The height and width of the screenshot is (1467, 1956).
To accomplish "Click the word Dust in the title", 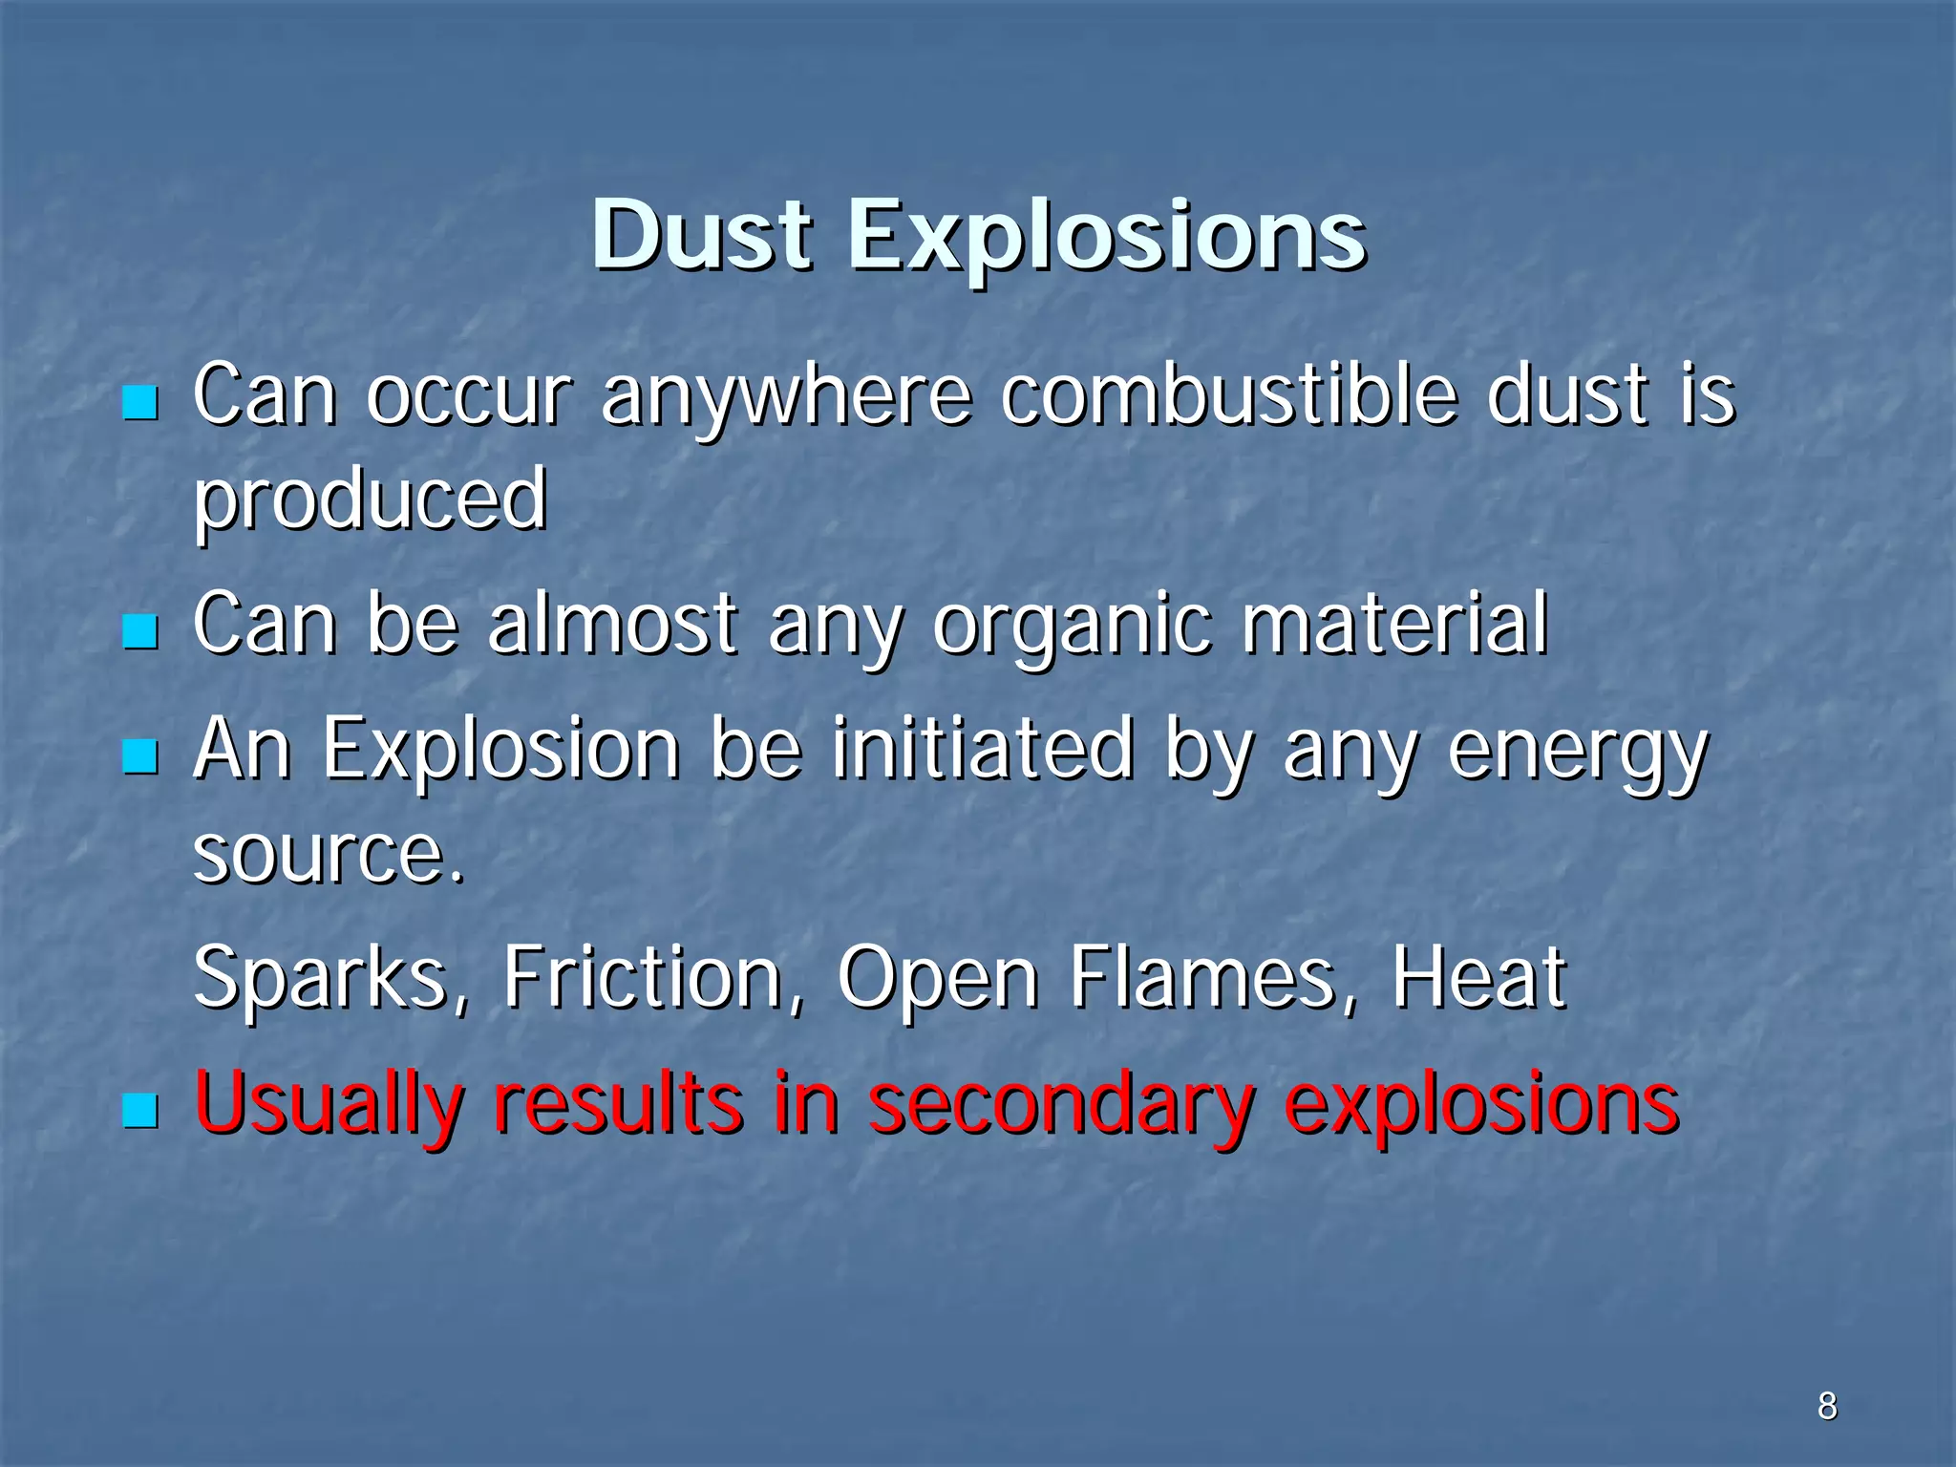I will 702,235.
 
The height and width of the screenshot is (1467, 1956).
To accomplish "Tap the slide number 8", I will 1827,1406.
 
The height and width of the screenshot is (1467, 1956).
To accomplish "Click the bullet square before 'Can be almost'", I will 140,631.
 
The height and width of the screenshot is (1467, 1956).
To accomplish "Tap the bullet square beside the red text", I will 140,1111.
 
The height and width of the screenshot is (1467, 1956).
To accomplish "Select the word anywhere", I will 785,397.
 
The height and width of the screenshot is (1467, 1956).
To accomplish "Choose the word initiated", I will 983,749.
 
